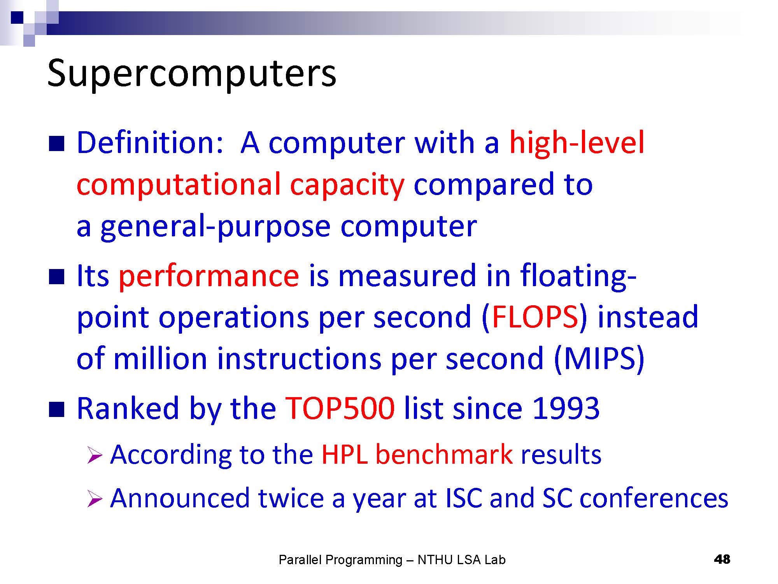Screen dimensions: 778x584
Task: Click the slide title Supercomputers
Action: coord(191,74)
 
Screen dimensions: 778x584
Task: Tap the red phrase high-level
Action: coord(576,144)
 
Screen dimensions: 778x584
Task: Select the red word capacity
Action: coord(347,186)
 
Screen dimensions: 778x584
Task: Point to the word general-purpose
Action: coord(215,227)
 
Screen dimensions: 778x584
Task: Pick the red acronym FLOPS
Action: coord(535,317)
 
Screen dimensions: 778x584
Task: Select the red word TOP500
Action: coord(340,408)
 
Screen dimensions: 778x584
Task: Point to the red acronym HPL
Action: coord(345,454)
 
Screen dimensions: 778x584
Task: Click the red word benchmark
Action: coord(444,454)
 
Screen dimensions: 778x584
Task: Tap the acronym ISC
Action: coord(463,498)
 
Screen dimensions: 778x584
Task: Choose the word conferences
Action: coord(654,498)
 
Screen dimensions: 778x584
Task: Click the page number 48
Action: coord(722,559)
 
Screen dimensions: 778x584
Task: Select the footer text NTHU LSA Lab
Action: coord(461,560)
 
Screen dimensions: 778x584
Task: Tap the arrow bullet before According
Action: coord(95,456)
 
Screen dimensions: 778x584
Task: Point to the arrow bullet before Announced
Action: coord(95,499)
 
